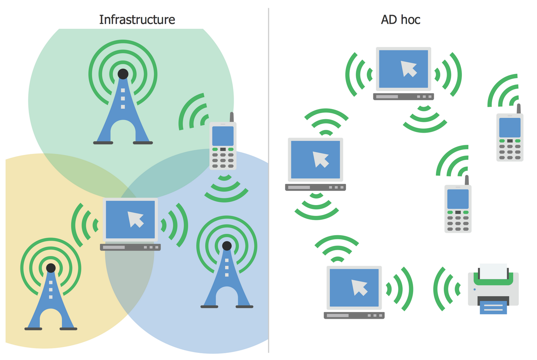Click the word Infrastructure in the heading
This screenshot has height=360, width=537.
point(137,20)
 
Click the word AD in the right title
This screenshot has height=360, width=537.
point(389,20)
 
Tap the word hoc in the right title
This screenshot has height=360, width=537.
point(410,20)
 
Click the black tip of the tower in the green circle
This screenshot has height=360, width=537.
point(123,74)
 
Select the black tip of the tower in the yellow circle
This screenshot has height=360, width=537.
point(51,268)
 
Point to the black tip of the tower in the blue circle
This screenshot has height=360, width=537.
point(227,246)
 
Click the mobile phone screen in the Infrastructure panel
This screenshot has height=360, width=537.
point(223,136)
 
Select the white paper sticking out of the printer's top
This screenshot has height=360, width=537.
point(493,271)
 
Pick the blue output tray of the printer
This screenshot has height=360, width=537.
point(493,307)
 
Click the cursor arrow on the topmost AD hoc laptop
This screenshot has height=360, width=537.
point(408,68)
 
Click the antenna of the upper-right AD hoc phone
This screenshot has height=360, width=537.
point(518,108)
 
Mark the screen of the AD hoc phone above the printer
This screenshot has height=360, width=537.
point(458,199)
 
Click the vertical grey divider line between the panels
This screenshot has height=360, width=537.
point(268,179)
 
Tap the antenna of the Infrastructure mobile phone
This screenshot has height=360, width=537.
point(232,117)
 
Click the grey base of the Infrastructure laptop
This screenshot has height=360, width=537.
point(130,247)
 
